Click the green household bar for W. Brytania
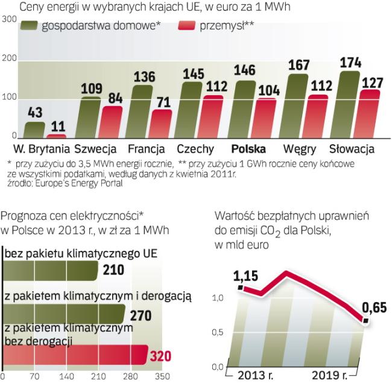click(34, 130)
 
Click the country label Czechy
click(194, 149)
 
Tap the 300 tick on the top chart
click(9, 20)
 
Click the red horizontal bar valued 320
click(76, 355)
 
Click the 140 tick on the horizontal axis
click(84, 378)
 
